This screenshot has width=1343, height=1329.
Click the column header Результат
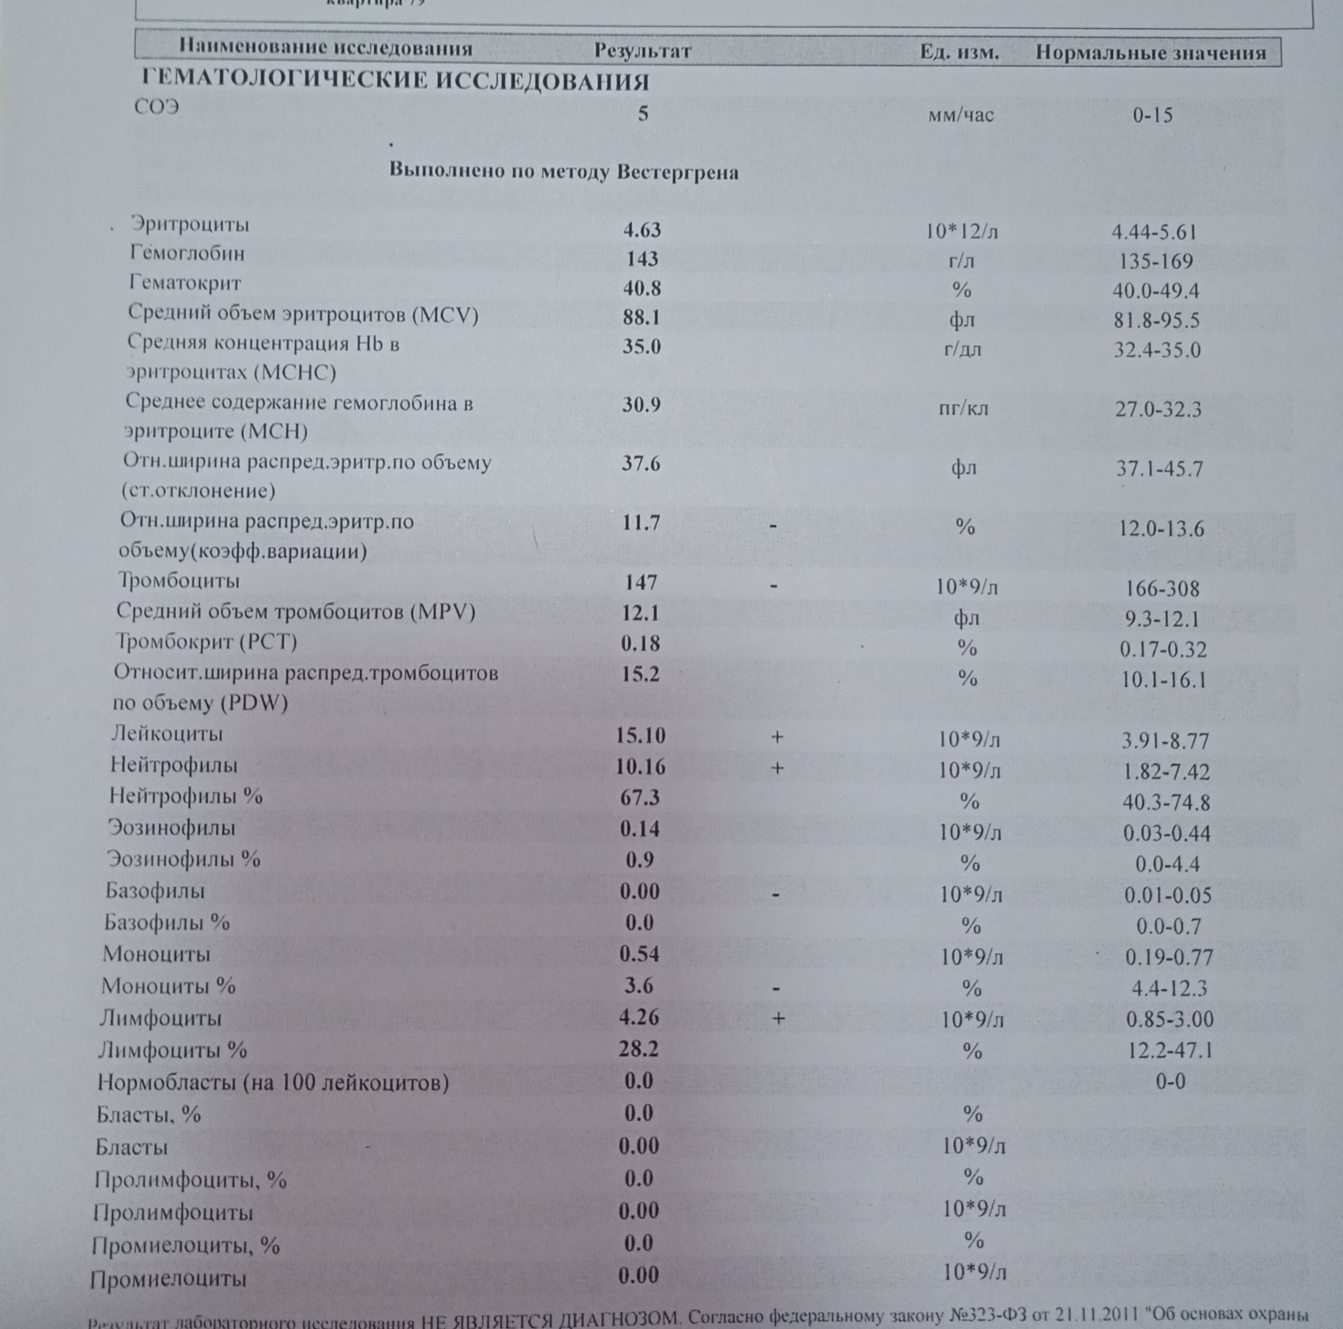[x=642, y=51]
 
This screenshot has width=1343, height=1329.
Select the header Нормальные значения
[x=1150, y=54]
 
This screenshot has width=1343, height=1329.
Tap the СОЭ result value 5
[x=643, y=113]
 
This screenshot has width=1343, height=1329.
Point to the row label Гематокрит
[x=185, y=283]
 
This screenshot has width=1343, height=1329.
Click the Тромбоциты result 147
[x=640, y=582]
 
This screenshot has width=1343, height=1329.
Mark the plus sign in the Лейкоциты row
[x=777, y=736]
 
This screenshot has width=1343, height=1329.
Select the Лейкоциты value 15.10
[x=640, y=735]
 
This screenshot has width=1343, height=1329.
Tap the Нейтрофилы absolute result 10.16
[x=640, y=767]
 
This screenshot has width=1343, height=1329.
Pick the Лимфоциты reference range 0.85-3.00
[x=1169, y=1019]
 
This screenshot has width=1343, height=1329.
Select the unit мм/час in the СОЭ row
[x=961, y=115]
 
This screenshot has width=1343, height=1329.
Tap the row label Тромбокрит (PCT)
[x=206, y=641]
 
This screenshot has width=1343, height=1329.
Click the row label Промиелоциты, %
[x=185, y=1245]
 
